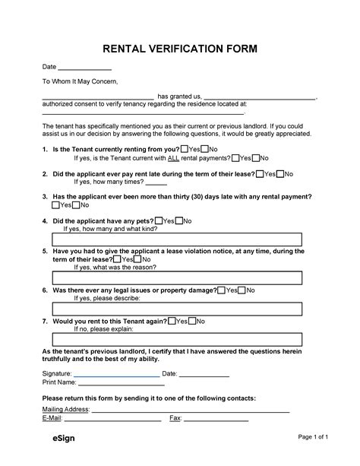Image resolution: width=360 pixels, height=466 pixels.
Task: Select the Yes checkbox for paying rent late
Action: tap(261, 174)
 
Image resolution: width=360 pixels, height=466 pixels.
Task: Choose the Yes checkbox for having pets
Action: tap(158, 221)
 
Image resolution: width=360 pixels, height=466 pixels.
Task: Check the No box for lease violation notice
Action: tap(139, 258)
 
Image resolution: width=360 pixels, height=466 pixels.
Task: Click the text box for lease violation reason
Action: tap(179, 277)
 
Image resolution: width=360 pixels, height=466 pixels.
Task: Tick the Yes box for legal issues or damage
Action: tap(221, 290)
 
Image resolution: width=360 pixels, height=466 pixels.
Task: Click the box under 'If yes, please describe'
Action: tap(179, 309)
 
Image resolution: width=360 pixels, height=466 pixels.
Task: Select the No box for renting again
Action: tap(193, 322)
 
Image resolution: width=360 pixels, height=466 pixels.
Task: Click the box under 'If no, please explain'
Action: tap(179, 340)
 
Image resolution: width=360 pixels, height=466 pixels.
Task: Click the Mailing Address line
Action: tap(190, 411)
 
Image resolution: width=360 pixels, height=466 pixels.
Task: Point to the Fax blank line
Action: tap(216, 420)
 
